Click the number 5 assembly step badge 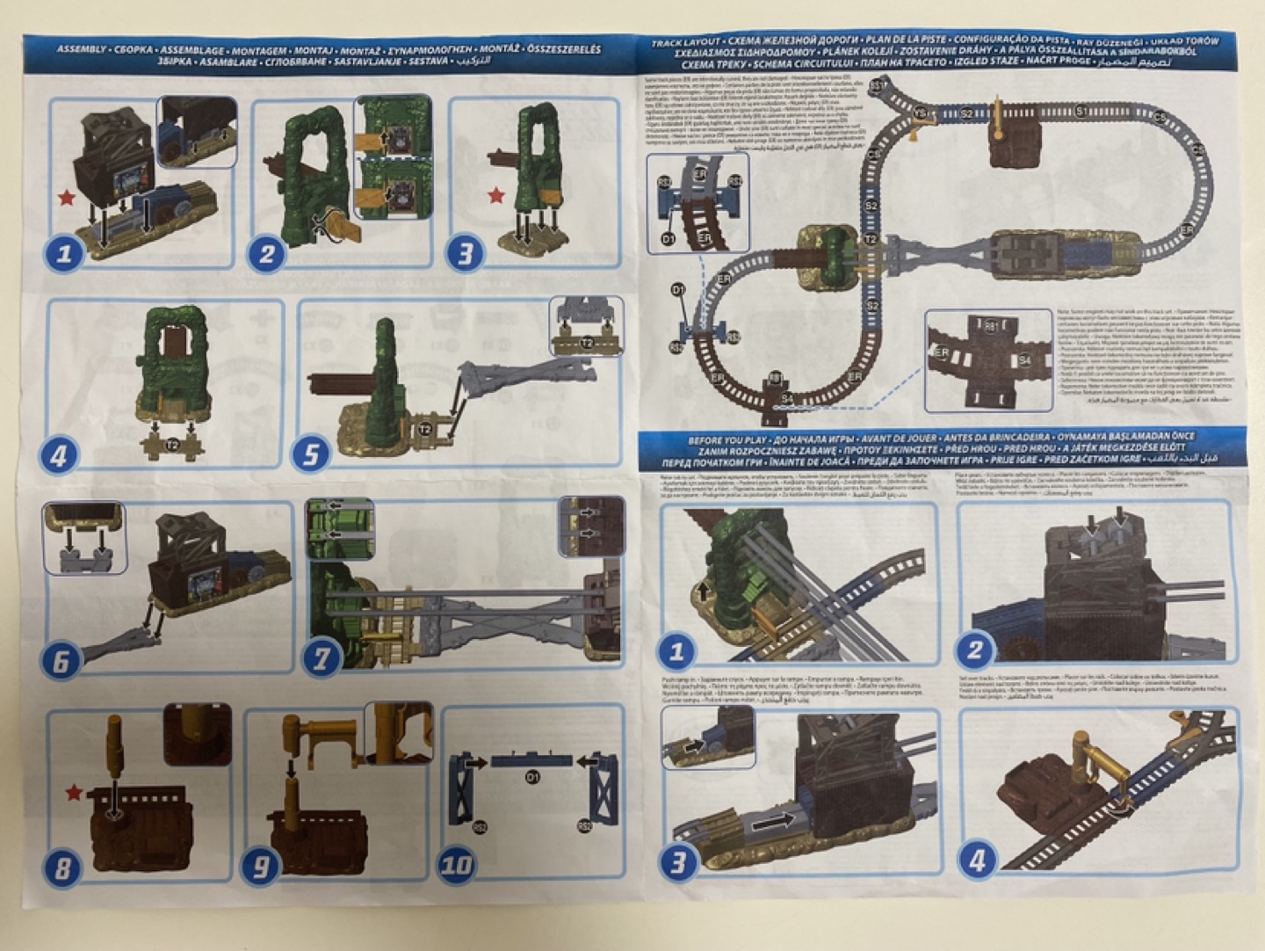click(311, 454)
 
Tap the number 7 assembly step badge click(322, 658)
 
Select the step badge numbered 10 click(456, 865)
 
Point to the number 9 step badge click(261, 868)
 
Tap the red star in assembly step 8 click(74, 794)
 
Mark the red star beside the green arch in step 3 click(496, 195)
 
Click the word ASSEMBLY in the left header click(81, 49)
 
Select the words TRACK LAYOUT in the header click(685, 42)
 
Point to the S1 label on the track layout click(1081, 112)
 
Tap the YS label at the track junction click(920, 113)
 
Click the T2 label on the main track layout click(871, 239)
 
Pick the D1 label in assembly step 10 click(531, 778)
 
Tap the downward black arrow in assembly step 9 click(290, 767)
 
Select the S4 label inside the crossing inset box click(1024, 360)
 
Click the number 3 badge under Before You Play click(677, 861)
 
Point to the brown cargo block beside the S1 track click(1015, 142)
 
